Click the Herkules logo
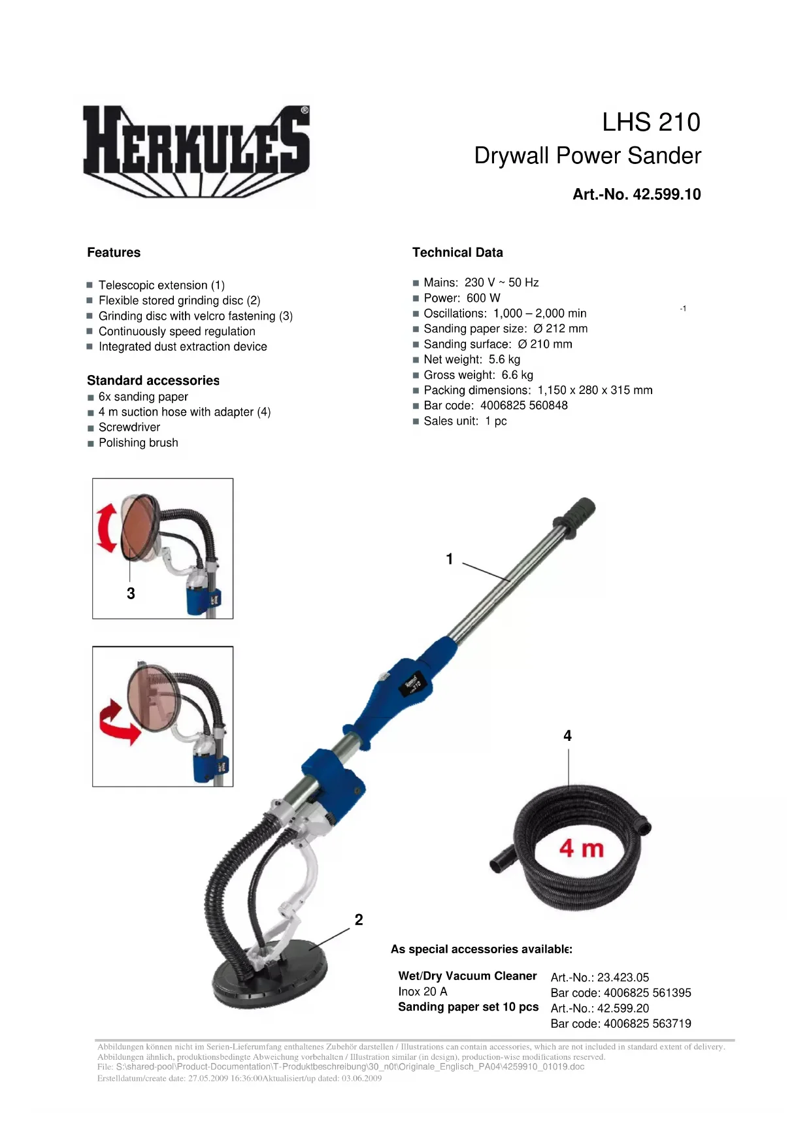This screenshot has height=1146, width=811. (x=196, y=150)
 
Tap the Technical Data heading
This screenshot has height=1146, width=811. (x=457, y=252)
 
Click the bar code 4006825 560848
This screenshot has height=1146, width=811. (x=523, y=405)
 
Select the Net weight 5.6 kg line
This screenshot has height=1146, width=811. (x=472, y=359)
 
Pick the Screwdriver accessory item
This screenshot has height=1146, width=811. (x=129, y=427)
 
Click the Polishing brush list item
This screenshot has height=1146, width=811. (x=138, y=443)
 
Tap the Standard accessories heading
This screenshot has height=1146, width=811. (x=153, y=380)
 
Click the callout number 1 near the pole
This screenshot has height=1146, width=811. (x=450, y=559)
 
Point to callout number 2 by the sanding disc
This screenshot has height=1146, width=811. (x=359, y=920)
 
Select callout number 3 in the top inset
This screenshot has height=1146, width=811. (x=131, y=593)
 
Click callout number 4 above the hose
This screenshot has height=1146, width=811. (x=567, y=736)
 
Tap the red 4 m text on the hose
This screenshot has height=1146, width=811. (x=581, y=849)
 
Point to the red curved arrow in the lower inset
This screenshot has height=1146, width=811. (x=119, y=724)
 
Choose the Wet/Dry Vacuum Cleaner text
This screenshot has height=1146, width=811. (x=467, y=976)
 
